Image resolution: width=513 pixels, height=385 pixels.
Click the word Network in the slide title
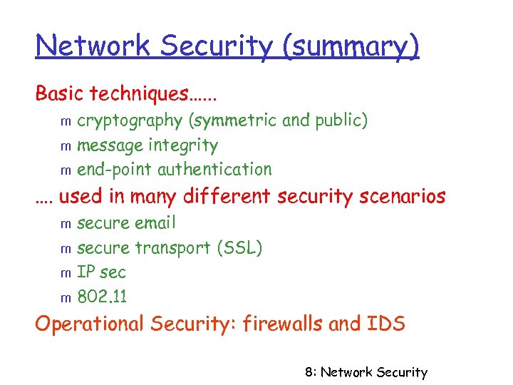pos(94,46)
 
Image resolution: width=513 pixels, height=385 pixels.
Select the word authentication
pos(214,170)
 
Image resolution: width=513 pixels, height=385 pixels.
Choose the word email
pos(155,223)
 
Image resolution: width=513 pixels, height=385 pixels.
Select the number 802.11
pos(101,296)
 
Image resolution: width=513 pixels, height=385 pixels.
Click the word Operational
pos(90,325)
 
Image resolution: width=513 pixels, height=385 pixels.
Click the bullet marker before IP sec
pos(64,273)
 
